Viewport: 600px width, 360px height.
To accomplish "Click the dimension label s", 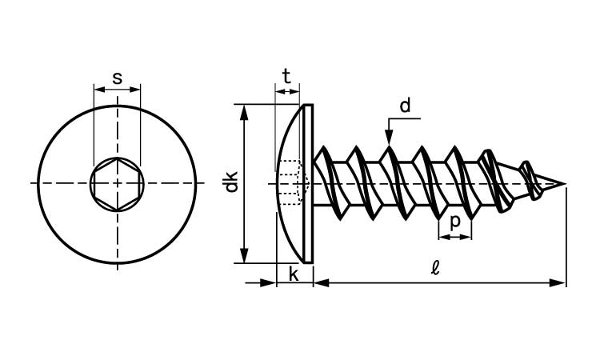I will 118,78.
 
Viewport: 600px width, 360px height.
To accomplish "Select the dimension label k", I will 294,274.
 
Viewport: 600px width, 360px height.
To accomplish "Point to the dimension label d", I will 405,105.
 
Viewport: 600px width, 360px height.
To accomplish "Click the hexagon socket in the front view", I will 118,183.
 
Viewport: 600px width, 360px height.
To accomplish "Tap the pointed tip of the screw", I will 563,185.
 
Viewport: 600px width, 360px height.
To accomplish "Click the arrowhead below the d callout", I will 389,138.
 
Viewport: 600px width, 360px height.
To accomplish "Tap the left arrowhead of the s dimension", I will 98,89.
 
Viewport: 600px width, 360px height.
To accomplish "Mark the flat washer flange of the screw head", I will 309,183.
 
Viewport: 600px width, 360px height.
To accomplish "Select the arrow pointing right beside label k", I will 269,282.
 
